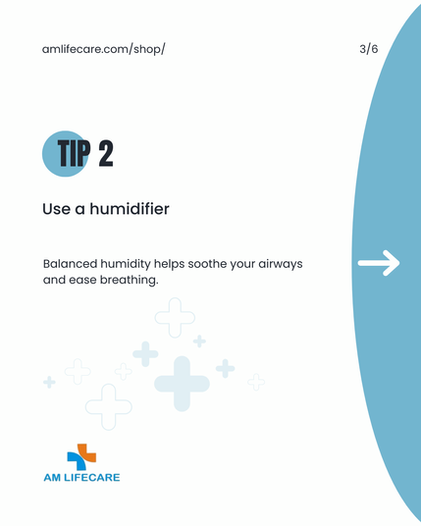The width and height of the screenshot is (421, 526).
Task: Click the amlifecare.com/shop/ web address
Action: click(103, 49)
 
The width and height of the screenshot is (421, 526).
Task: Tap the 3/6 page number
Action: click(369, 49)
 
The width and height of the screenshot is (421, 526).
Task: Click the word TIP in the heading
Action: click(75, 153)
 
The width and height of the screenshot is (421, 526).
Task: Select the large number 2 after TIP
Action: click(106, 153)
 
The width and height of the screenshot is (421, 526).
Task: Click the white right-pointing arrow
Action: click(379, 263)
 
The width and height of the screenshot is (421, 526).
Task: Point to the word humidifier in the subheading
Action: click(130, 209)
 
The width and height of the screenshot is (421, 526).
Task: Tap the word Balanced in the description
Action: click(70, 264)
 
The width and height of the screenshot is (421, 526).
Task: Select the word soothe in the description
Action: click(207, 264)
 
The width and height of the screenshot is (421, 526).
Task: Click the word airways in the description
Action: click(281, 265)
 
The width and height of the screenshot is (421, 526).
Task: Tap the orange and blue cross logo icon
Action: click(81, 457)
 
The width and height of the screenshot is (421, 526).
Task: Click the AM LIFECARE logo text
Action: click(81, 477)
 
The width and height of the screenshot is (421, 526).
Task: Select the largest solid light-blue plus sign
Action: click(182, 384)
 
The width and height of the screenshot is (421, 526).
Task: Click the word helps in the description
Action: click(169, 264)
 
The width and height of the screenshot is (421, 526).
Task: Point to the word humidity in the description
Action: click(126, 264)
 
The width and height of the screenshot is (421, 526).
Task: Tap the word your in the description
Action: click(242, 265)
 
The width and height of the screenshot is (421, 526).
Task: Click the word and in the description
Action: click(54, 280)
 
